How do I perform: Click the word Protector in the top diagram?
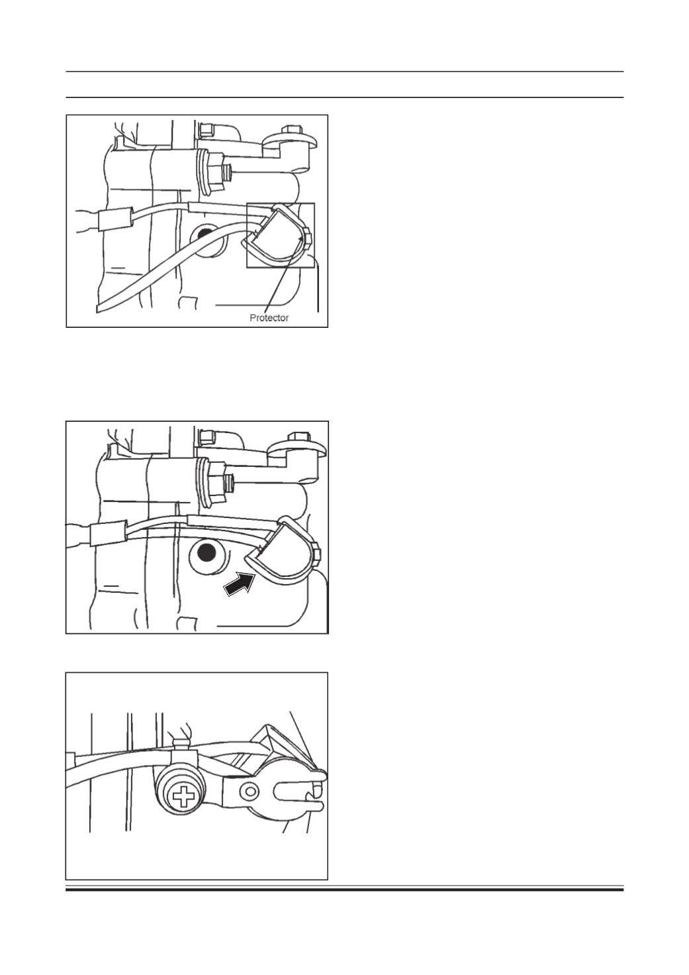pyautogui.click(x=269, y=318)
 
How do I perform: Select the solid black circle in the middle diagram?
pyautogui.click(x=207, y=554)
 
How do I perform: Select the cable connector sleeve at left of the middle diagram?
pyautogui.click(x=108, y=533)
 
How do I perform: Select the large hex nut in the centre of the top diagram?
pyautogui.click(x=212, y=172)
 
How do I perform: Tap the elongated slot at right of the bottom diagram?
pyautogui.click(x=300, y=789)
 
